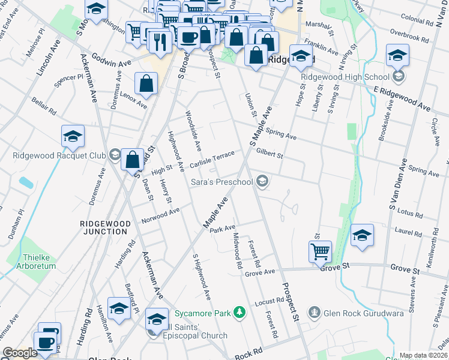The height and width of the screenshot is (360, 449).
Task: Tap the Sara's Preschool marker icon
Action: (262, 181)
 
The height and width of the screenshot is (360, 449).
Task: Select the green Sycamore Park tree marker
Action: (240, 313)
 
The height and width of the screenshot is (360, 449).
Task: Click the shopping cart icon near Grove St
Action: (320, 251)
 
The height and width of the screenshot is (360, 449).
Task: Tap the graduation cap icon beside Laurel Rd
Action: (363, 235)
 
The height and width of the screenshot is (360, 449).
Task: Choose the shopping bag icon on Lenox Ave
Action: (146, 84)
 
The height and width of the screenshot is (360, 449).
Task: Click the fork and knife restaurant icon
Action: (160, 41)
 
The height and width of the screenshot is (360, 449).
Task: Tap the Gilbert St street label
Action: (269, 154)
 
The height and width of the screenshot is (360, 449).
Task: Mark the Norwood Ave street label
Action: (160, 215)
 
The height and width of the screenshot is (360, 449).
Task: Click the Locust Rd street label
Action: (268, 301)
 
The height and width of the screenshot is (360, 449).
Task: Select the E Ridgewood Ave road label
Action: (402, 98)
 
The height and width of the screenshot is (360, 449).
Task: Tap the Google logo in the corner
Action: (20, 353)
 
